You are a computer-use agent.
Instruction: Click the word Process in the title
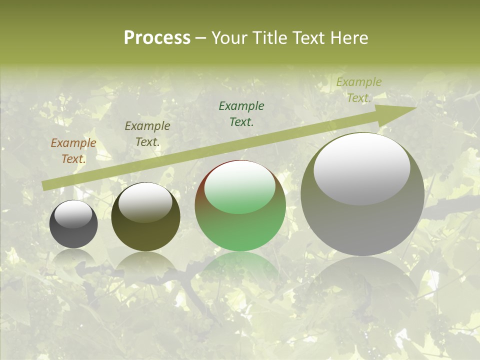coord(157,37)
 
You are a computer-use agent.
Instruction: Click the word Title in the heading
coord(267,37)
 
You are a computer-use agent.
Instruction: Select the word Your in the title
coord(229,37)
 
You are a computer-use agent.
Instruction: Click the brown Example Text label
coord(73,151)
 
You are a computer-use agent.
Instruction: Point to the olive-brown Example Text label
coord(147,134)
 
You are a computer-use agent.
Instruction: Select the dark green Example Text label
coord(241,113)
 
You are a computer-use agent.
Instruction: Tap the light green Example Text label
coord(358,90)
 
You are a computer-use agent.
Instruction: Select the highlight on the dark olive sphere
coord(145,202)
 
